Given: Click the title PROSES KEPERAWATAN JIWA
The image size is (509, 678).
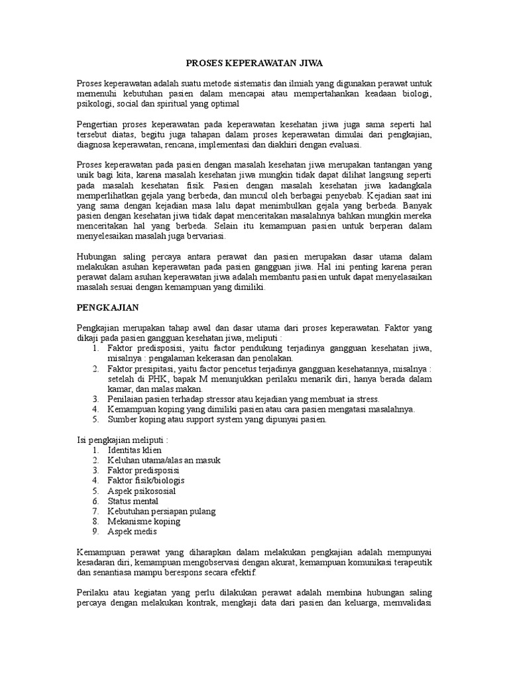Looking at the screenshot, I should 254,64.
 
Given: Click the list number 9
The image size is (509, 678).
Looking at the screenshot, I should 95,532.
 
